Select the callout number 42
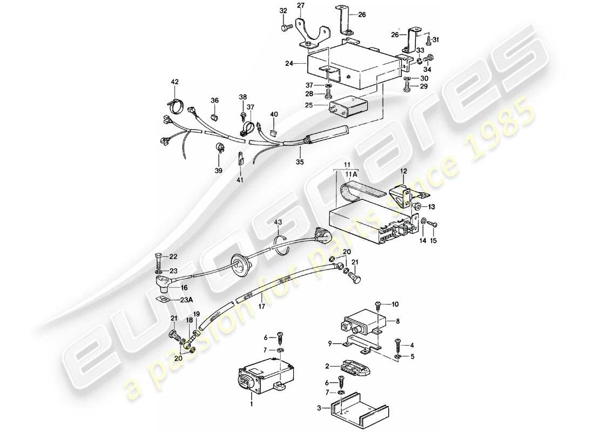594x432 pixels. pyautogui.click(x=174, y=82)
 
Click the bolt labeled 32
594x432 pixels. pyautogui.click(x=285, y=26)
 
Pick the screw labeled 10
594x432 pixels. pyautogui.click(x=379, y=306)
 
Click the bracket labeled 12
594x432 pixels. pyautogui.click(x=404, y=192)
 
